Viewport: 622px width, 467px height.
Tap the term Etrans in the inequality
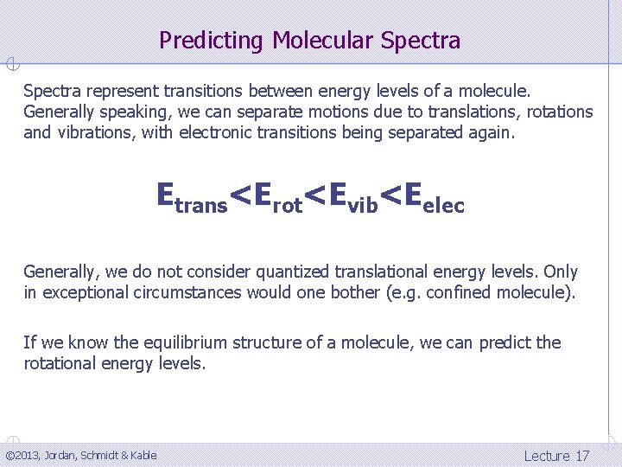pos(192,197)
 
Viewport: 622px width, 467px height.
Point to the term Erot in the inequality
pos(278,197)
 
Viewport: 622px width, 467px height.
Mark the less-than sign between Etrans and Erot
pos(242,197)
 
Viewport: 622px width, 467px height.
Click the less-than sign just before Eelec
pos(391,197)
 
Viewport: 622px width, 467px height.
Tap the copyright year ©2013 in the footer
pos(22,456)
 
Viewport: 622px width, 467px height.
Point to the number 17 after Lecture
pos(582,456)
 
